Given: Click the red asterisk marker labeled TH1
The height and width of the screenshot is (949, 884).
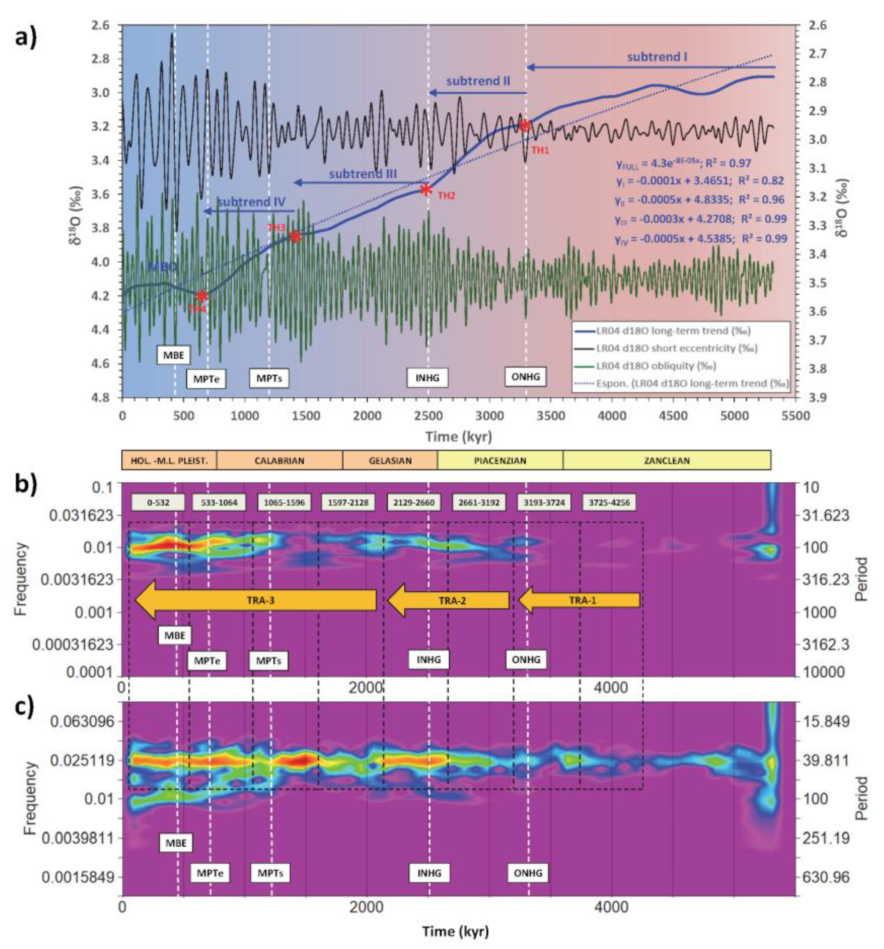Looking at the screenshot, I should [525, 125].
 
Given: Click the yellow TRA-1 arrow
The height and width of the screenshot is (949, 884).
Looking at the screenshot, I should [579, 600].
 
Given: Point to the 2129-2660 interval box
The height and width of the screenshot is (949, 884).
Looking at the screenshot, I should [413, 502].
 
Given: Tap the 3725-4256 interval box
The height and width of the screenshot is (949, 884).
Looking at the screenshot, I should [609, 502].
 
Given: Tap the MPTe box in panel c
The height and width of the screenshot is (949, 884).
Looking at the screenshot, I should [210, 873].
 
